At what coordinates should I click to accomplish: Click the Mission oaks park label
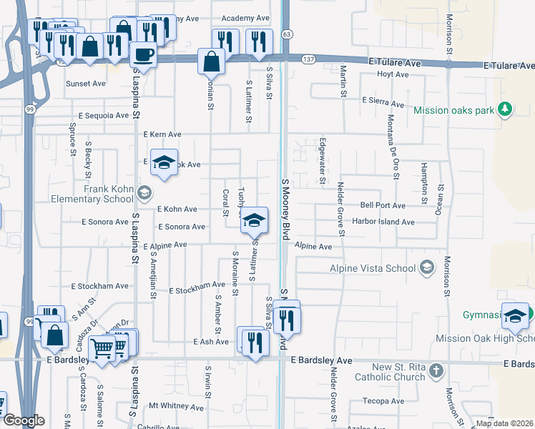(x=454, y=110)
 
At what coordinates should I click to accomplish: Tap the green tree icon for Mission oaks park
(x=505, y=109)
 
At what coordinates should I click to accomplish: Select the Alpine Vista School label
(x=372, y=268)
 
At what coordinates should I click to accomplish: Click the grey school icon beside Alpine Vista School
(x=427, y=267)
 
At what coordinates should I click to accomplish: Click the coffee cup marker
(x=144, y=54)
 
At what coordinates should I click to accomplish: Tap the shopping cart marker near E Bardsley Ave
(x=103, y=349)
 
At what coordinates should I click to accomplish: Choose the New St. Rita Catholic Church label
(x=398, y=372)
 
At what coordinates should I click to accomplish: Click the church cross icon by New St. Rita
(x=437, y=371)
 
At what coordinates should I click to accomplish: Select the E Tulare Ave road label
(x=394, y=63)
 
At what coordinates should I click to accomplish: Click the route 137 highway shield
(x=308, y=58)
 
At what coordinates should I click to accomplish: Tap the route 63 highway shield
(x=287, y=34)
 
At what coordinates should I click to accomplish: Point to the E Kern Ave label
(x=162, y=134)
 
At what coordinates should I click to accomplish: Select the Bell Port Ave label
(x=383, y=205)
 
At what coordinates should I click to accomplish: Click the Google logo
(x=24, y=420)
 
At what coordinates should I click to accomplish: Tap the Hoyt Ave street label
(x=393, y=74)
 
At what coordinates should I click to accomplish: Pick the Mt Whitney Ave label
(x=176, y=406)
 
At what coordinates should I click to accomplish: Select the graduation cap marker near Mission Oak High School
(x=515, y=315)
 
